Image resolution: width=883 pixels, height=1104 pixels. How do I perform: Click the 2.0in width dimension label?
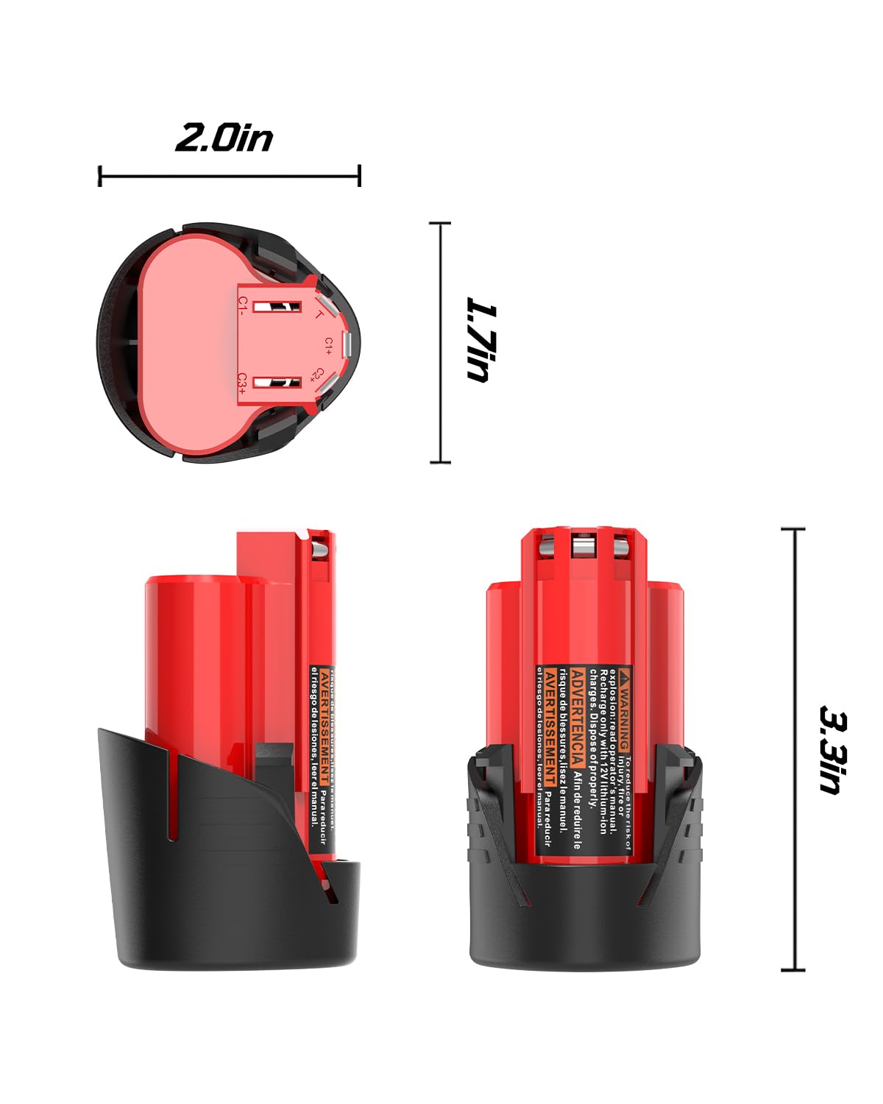pos(224,138)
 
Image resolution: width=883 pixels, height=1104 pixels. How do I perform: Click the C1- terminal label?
pos(243,305)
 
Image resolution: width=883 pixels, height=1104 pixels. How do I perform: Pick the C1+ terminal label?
pos(329,344)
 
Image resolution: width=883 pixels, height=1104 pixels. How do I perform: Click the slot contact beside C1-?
pos(277,305)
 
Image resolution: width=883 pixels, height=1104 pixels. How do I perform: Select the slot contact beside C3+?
pos(277,382)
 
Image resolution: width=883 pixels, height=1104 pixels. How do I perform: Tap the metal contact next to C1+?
pos(348,343)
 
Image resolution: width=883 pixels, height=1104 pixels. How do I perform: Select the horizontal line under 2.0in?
pos(230,177)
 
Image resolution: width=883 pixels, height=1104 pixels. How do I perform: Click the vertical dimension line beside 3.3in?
pos(792,749)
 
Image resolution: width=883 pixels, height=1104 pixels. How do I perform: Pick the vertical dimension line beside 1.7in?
pos(440,342)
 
